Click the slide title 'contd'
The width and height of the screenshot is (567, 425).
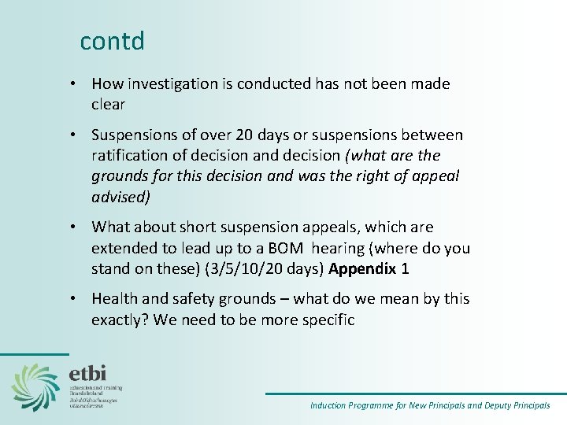click(x=112, y=41)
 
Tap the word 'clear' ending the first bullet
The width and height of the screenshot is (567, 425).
click(x=109, y=104)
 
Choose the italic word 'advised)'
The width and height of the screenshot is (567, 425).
click(x=120, y=197)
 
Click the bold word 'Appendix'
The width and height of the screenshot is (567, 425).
click(x=362, y=268)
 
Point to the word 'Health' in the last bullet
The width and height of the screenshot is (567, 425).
click(x=115, y=299)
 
